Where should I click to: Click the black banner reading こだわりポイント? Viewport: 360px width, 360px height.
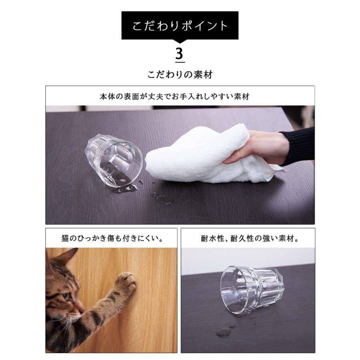180,26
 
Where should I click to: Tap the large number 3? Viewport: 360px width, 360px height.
180,53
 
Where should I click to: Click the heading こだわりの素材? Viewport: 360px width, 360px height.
180,74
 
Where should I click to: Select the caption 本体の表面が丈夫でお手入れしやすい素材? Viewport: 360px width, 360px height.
180,96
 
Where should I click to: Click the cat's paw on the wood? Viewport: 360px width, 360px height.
126,282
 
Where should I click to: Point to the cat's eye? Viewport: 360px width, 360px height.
65,296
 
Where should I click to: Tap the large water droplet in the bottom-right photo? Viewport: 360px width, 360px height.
224,332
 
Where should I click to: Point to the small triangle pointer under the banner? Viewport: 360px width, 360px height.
180,42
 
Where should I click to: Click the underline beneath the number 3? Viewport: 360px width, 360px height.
180,62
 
